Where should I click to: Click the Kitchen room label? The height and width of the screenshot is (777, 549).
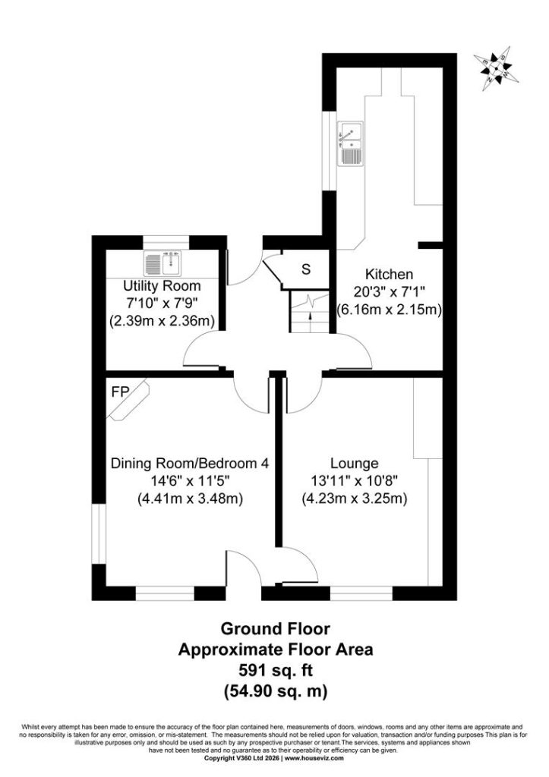tap(389, 274)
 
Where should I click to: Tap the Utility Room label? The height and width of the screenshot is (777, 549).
tap(162, 286)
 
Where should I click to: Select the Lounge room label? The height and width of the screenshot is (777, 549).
tap(354, 464)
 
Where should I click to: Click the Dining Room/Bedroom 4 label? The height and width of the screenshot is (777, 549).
tap(189, 464)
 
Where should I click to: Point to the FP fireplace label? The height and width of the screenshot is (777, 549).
tap(120, 392)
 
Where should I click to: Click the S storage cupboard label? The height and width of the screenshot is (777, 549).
tap(306, 269)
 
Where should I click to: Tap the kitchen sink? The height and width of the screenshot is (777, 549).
tap(350, 143)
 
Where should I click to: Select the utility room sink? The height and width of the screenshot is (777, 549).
tap(164, 263)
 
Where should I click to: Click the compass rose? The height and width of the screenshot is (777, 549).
tap(497, 68)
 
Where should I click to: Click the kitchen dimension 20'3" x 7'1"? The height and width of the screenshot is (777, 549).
tap(389, 292)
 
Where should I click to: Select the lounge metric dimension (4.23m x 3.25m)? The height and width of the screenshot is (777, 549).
tap(354, 499)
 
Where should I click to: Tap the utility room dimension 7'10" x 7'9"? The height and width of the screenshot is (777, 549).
tap(162, 304)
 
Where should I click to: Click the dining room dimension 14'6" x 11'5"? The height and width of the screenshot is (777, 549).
tap(189, 480)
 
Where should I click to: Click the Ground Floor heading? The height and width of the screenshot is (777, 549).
tap(275, 629)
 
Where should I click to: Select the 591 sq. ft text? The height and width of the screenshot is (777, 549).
tap(275, 670)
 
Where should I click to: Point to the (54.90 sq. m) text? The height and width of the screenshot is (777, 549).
tap(275, 690)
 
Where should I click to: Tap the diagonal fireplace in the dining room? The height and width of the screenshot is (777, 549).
tap(128, 401)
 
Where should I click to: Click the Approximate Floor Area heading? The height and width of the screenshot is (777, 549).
tap(275, 650)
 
